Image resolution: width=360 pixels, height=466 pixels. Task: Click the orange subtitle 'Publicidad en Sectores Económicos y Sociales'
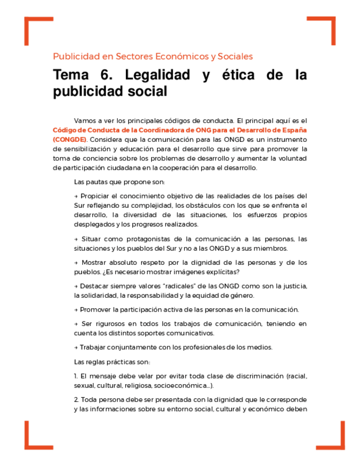tap(153, 56)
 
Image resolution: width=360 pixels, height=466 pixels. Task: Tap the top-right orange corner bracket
tap(328, 24)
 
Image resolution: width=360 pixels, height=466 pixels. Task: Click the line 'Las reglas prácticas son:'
tap(112, 362)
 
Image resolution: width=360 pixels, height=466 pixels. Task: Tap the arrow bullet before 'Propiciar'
tap(76, 196)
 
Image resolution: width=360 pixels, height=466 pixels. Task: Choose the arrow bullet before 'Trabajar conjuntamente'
tap(76, 347)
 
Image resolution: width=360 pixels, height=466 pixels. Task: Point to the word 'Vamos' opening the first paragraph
tap(85, 120)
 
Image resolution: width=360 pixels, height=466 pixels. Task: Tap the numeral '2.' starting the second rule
tap(76, 400)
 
